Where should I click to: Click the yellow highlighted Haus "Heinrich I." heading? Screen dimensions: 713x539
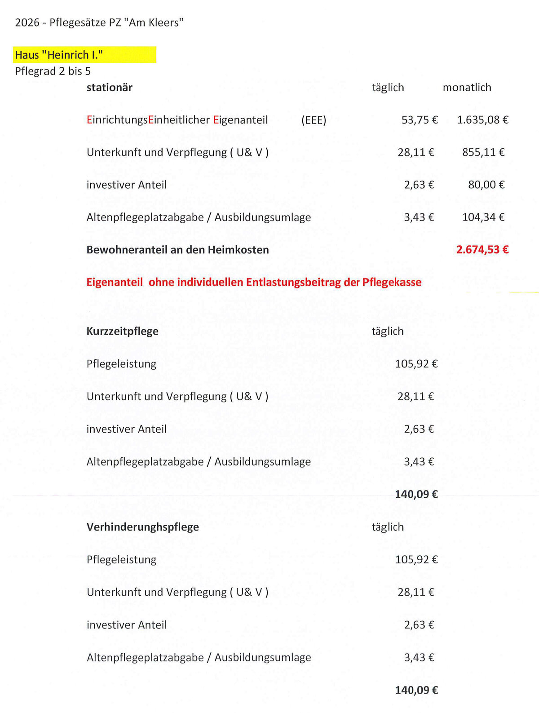click(x=59, y=55)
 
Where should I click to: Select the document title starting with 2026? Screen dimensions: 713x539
click(x=99, y=22)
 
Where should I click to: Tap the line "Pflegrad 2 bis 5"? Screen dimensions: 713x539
click(x=53, y=71)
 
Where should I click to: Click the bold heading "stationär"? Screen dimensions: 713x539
click(x=110, y=87)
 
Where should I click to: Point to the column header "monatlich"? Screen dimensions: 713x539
click(x=467, y=87)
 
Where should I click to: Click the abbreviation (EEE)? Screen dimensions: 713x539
click(x=314, y=120)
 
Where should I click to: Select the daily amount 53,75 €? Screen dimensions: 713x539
click(x=420, y=120)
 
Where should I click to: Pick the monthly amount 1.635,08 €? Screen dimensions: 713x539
click(x=482, y=120)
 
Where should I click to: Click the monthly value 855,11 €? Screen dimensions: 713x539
click(x=483, y=152)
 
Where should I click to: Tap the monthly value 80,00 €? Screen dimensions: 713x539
click(x=486, y=185)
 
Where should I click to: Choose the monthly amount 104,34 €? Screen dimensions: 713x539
click(x=483, y=217)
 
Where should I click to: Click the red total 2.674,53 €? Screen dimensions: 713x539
click(x=482, y=250)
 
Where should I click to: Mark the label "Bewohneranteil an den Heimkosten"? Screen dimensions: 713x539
click(x=178, y=250)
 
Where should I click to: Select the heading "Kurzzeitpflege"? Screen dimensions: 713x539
click(x=123, y=331)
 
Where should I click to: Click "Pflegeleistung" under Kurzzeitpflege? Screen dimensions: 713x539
click(x=121, y=363)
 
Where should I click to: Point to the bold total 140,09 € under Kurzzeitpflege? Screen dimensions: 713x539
click(x=416, y=494)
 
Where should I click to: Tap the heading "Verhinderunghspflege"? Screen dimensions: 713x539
click(x=143, y=527)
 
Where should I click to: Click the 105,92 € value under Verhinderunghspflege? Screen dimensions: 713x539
click(x=416, y=559)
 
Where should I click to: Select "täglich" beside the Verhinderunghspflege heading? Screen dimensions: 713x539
click(x=388, y=527)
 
